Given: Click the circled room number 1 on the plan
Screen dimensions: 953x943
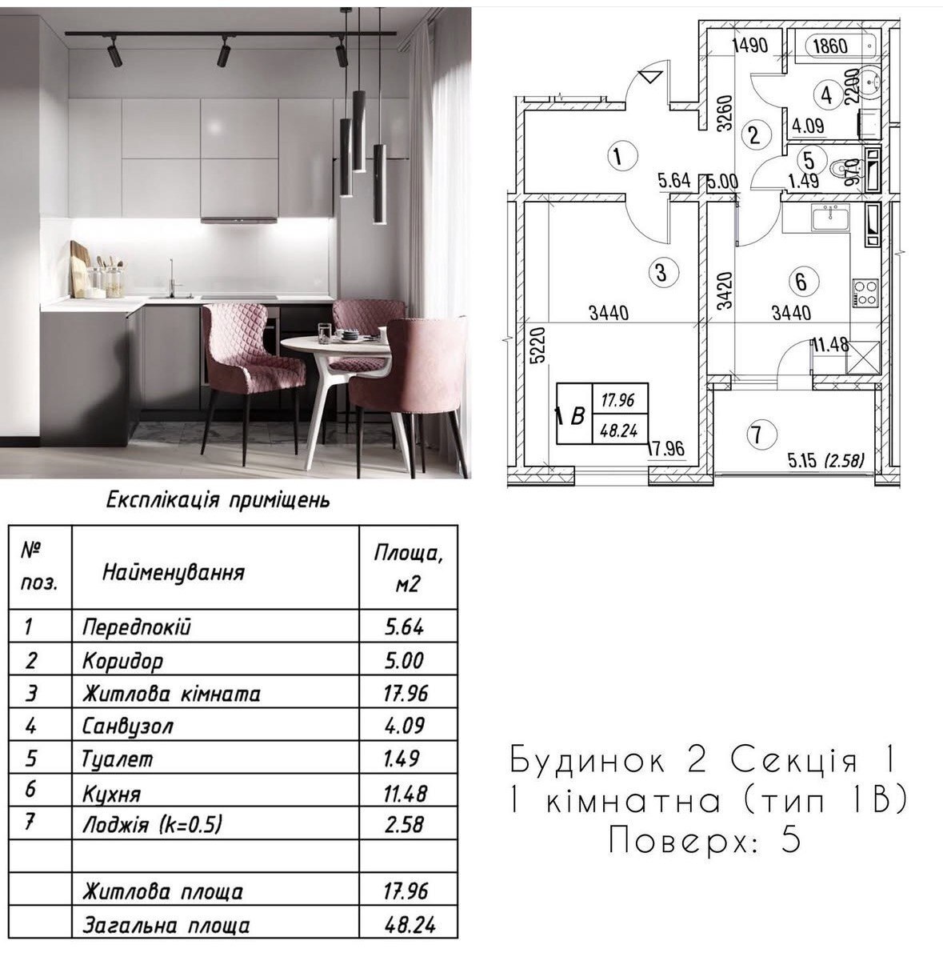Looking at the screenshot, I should click(618, 156).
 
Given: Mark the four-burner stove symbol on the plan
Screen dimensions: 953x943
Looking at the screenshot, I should click(865, 292).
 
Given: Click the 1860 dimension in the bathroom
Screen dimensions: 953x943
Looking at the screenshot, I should click(829, 46).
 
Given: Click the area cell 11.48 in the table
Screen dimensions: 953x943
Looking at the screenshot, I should click(406, 793).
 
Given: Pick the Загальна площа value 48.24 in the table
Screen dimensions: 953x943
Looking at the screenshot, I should click(410, 925).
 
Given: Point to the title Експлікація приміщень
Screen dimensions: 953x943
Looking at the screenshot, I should click(218, 501).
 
